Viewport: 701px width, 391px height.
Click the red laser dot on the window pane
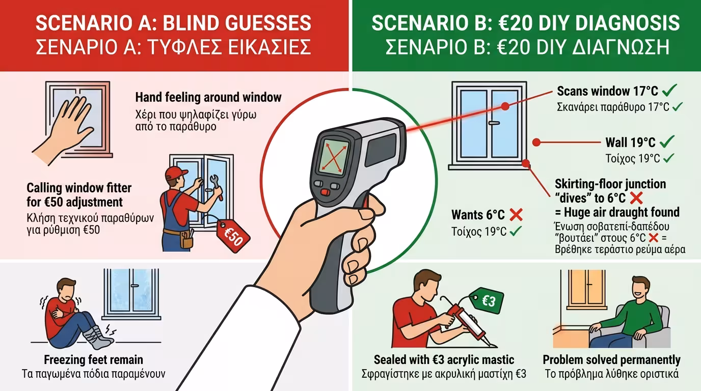[505, 106]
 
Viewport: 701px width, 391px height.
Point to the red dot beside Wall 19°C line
[536, 143]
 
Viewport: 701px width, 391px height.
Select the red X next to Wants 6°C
[516, 214]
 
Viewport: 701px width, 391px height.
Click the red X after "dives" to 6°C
[636, 198]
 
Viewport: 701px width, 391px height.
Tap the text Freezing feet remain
[93, 360]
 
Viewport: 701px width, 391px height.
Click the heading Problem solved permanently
[611, 360]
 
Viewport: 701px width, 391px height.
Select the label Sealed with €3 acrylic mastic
[444, 360]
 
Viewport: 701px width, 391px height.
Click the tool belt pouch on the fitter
[186, 240]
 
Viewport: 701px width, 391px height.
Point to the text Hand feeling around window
[208, 97]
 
